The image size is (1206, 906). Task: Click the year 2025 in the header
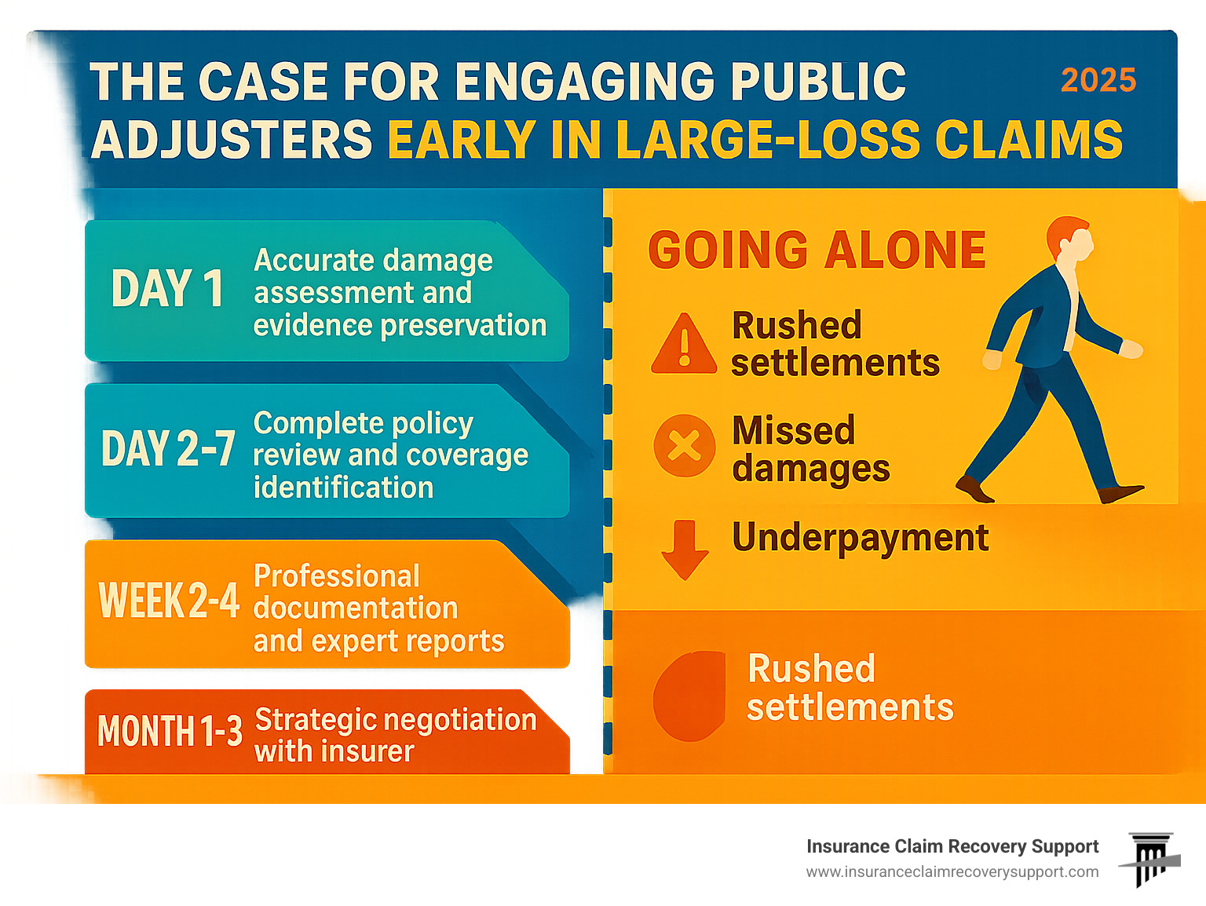point(1098,80)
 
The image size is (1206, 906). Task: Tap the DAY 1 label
point(167,288)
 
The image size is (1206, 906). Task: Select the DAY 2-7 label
point(168,448)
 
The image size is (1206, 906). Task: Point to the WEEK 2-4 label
point(169,600)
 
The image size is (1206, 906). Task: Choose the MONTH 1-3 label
point(170,730)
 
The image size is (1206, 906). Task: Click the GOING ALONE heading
point(817,250)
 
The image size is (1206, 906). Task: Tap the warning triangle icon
point(684,344)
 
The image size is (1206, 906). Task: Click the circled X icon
point(684,445)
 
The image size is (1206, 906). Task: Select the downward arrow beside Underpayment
point(685,550)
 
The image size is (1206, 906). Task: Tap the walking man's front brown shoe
point(1121,493)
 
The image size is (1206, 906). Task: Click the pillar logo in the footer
point(1149,859)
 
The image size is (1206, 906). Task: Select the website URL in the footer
point(952,872)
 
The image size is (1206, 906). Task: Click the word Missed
point(793,430)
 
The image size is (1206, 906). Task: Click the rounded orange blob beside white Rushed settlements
point(689,696)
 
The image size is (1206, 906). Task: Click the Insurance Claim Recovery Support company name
point(952,846)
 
